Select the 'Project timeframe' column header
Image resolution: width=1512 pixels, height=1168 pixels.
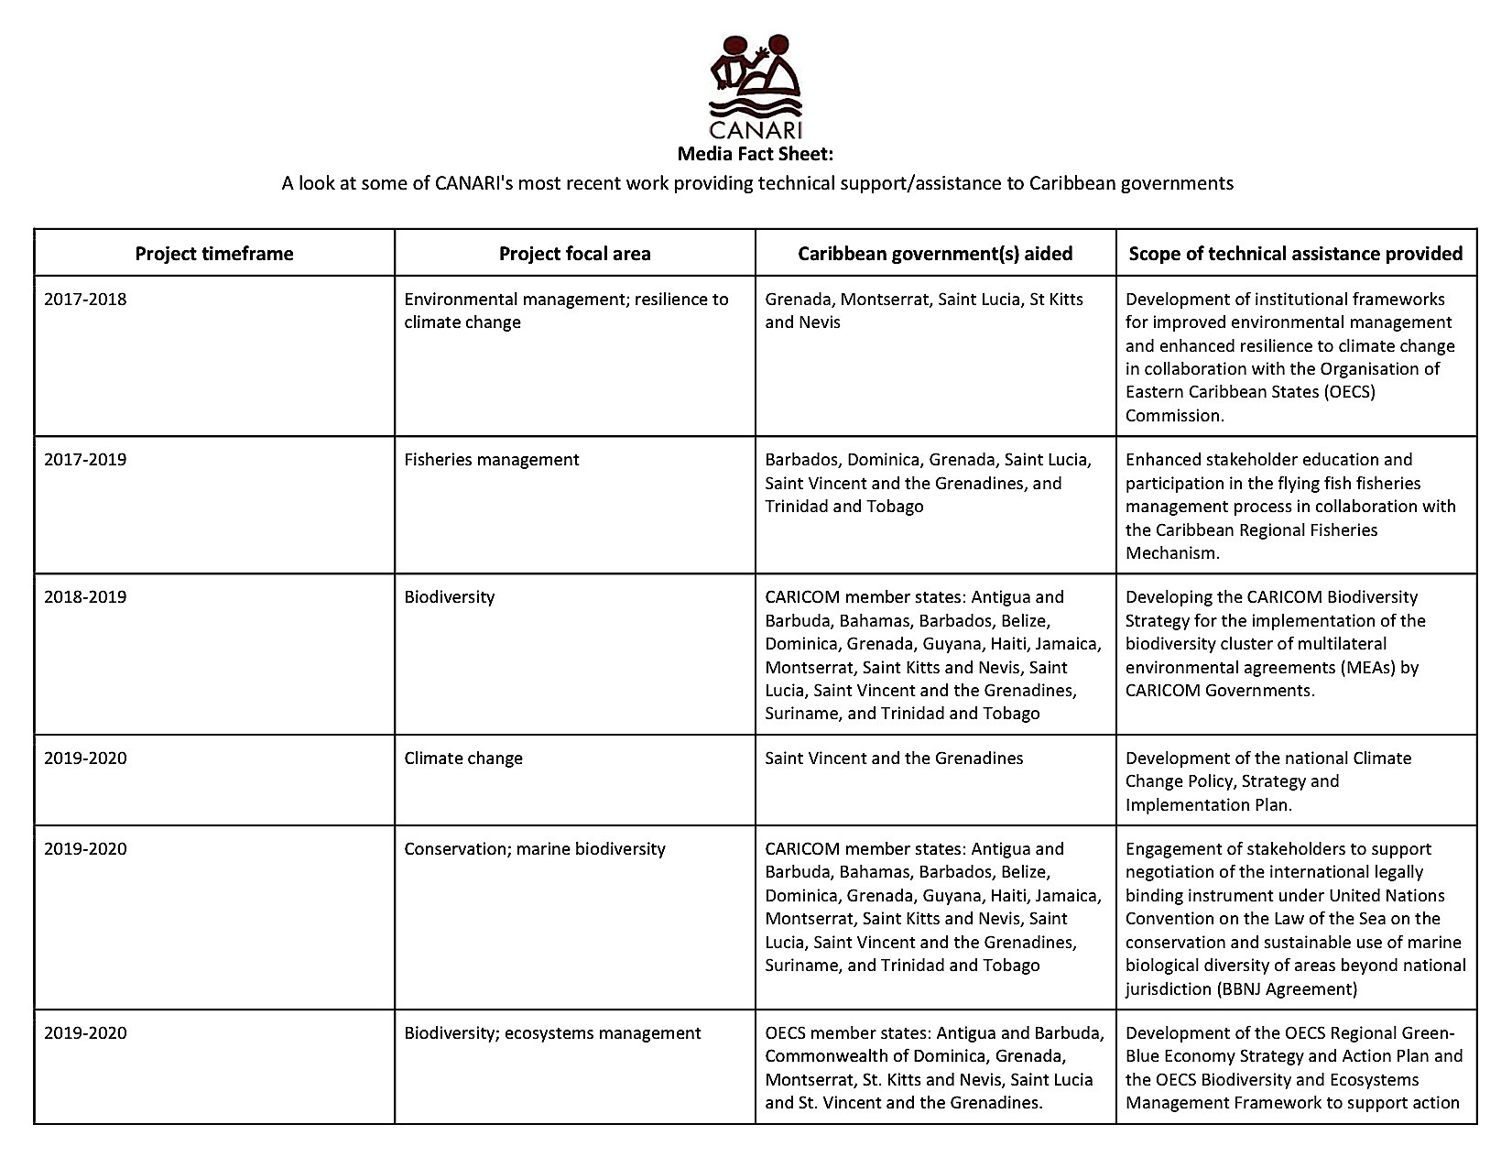point(214,254)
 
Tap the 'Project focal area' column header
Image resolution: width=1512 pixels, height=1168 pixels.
point(574,254)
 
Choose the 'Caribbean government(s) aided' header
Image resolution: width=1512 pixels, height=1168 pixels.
point(935,254)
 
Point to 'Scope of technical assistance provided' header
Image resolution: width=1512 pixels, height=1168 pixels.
point(1296,254)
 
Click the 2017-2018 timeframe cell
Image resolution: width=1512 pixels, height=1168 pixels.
point(85,299)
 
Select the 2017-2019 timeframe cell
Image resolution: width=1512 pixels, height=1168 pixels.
point(85,460)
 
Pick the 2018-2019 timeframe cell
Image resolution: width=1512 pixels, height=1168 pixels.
point(85,597)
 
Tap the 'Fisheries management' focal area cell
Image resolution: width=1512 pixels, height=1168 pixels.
point(492,460)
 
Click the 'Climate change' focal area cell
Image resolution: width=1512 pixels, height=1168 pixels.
point(463,759)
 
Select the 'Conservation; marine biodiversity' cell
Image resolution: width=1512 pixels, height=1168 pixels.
point(535,849)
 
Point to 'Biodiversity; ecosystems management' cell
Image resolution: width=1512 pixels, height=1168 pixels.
point(552,1033)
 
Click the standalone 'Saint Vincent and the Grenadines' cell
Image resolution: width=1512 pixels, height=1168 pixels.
point(894,759)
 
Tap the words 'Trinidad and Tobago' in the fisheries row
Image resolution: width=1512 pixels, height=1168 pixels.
point(844,507)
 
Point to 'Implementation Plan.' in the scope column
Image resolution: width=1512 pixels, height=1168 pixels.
point(1208,805)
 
